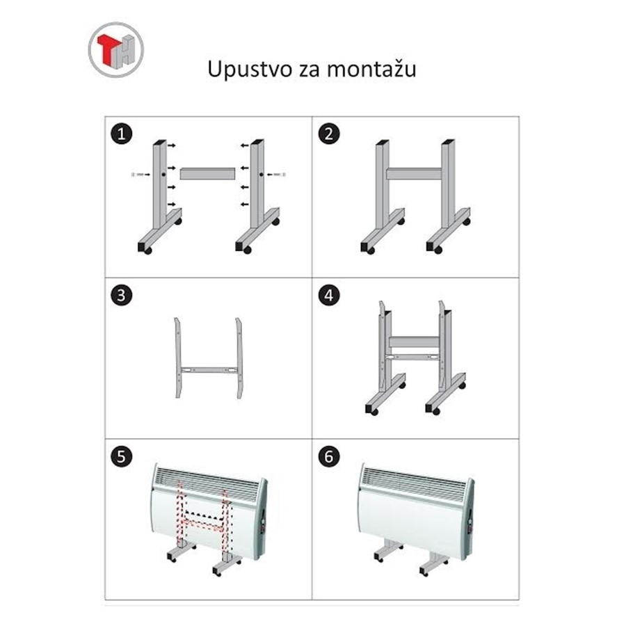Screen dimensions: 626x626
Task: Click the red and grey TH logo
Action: (x=115, y=49)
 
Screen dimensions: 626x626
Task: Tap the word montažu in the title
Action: (x=371, y=68)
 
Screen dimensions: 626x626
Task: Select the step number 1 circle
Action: (x=121, y=134)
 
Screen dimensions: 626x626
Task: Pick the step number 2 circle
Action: (x=329, y=134)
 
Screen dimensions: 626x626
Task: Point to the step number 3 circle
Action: (x=121, y=296)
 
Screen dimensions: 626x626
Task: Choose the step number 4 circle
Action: (x=329, y=296)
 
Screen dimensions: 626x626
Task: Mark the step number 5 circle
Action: (x=121, y=456)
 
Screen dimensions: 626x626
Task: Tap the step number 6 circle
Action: (x=329, y=456)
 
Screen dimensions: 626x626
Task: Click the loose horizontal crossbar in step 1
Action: (x=207, y=173)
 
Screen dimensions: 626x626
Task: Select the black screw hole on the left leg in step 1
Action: (x=163, y=175)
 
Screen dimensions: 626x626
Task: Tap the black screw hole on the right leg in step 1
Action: (x=261, y=175)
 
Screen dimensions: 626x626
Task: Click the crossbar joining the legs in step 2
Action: (x=414, y=174)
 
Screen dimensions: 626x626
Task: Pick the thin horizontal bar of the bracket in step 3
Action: (x=209, y=370)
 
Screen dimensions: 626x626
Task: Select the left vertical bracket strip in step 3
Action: (x=178, y=358)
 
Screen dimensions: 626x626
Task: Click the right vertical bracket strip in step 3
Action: (x=239, y=358)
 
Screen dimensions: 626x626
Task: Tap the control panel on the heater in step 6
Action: (x=469, y=523)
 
